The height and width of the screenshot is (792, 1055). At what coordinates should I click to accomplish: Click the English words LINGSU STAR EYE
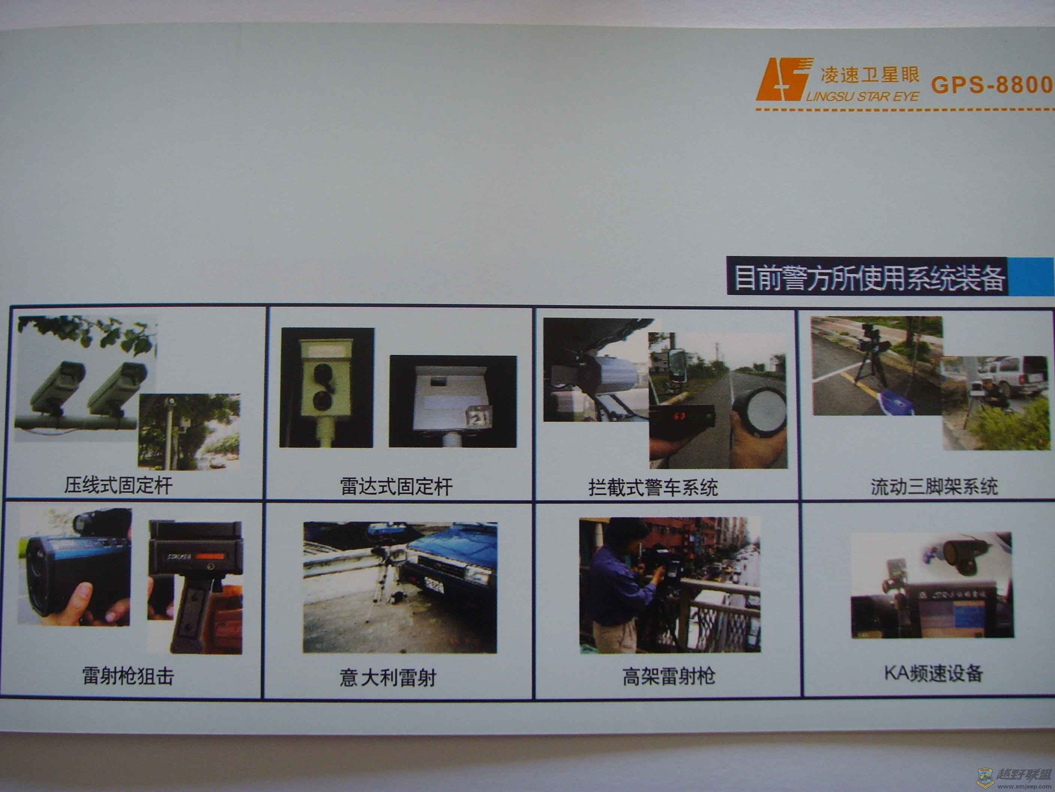tap(863, 97)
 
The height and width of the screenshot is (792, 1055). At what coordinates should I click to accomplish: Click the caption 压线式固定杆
tap(118, 486)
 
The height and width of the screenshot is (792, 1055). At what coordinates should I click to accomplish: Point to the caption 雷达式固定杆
tap(396, 486)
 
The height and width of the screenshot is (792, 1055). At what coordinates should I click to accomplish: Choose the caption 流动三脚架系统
tap(934, 486)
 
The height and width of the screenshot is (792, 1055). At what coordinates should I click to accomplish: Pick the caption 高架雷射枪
tap(669, 676)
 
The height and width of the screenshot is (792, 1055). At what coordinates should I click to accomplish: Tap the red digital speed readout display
tap(679, 416)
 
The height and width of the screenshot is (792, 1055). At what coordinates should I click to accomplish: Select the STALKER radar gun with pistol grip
tap(195, 587)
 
